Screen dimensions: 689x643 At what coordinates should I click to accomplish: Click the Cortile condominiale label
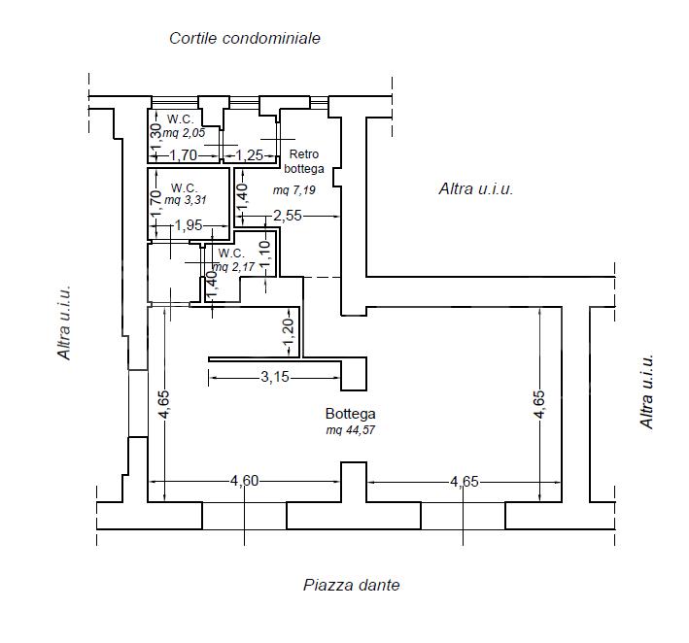(x=245, y=38)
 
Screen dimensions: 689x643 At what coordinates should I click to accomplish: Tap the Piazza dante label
(x=352, y=585)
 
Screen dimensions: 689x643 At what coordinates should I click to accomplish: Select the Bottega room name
(x=350, y=414)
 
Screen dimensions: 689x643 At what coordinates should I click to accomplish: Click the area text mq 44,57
(x=350, y=430)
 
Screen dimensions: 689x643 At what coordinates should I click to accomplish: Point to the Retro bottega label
(x=304, y=161)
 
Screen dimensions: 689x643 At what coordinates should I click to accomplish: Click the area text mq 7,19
(x=294, y=190)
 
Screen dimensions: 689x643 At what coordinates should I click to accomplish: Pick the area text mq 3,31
(x=186, y=200)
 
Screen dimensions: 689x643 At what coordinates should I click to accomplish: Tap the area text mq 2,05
(x=184, y=133)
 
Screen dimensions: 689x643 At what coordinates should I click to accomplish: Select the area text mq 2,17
(x=233, y=266)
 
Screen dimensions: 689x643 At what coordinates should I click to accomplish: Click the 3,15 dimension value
(x=275, y=377)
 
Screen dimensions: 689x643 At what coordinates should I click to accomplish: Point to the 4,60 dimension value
(x=245, y=482)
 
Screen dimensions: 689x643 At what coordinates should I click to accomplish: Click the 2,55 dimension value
(x=288, y=216)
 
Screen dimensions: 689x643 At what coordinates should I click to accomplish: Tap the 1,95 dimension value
(x=189, y=225)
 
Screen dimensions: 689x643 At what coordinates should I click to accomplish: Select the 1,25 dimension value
(x=250, y=155)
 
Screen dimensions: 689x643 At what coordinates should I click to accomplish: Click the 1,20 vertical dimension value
(x=289, y=332)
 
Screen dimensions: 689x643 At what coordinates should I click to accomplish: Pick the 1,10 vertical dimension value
(x=264, y=254)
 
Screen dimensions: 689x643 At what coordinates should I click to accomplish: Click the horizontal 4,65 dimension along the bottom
(x=464, y=482)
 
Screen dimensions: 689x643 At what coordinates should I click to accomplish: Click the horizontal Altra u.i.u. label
(x=476, y=188)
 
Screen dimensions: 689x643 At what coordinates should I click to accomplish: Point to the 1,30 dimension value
(x=155, y=136)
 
